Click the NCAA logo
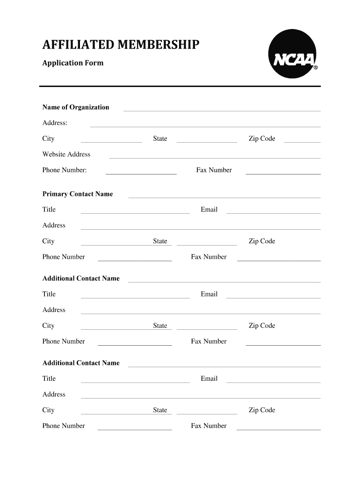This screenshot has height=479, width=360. (293, 53)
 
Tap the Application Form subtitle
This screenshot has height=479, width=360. (73, 63)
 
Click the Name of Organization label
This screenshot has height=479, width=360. (76, 107)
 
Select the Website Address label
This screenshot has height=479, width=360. (66, 154)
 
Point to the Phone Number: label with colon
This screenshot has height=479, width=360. (65, 170)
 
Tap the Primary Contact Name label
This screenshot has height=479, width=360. (78, 194)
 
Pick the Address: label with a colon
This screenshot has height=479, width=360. (55, 123)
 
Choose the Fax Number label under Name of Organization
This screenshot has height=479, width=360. (214, 170)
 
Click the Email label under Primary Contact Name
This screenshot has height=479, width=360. (209, 210)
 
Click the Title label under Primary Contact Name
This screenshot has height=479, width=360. (49, 210)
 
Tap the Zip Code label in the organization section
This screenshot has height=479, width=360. (262, 138)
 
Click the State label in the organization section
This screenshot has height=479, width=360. (160, 138)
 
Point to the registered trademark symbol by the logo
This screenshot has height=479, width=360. (316, 68)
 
